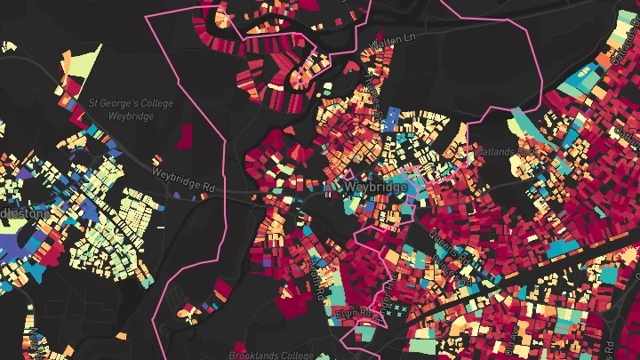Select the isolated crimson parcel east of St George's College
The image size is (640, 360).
click(x=187, y=135)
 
